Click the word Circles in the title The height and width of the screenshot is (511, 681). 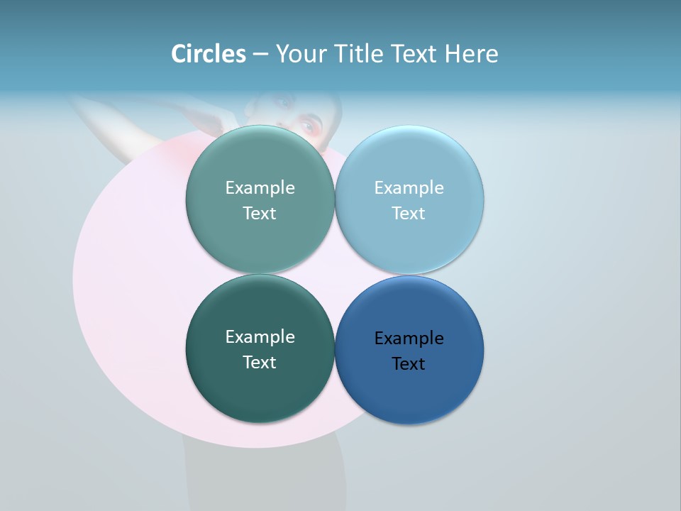pos(209,54)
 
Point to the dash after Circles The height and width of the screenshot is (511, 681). pos(260,55)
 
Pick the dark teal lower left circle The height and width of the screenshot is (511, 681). pos(260,390)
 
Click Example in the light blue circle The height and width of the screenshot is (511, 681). pos(409,188)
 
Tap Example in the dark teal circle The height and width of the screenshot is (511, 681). pos(260,337)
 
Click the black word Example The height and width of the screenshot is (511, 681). pos(409,339)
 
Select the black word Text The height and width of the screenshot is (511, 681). pos(409,364)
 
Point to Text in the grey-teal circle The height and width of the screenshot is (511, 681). pos(260,214)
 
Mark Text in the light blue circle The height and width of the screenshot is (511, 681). pos(409,214)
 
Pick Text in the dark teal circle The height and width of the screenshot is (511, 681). pos(260,363)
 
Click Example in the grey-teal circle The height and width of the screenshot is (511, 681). pos(260,188)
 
